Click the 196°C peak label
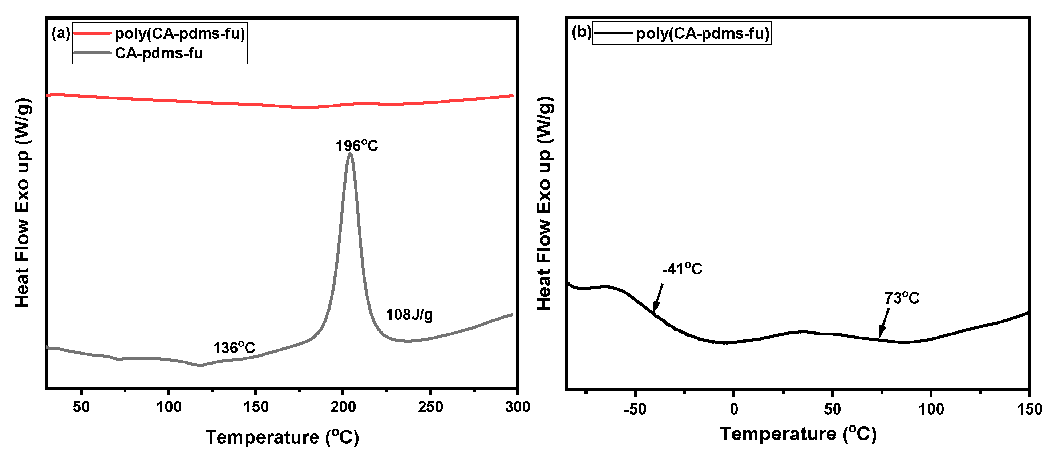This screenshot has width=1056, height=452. [x=356, y=146]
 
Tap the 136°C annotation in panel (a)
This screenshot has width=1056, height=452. [x=234, y=348]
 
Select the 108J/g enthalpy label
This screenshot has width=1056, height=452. [x=409, y=315]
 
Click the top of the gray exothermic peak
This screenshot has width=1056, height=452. [x=350, y=155]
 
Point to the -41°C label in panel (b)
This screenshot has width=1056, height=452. [x=682, y=269]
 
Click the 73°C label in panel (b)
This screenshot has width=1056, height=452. [x=902, y=298]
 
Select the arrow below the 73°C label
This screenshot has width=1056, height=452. [x=883, y=324]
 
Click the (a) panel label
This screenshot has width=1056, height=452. [x=61, y=33]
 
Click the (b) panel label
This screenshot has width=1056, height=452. [x=581, y=32]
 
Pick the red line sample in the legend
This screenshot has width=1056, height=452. [x=92, y=33]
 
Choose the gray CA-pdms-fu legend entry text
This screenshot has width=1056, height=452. [x=159, y=53]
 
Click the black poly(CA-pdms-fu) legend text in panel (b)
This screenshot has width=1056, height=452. [x=703, y=33]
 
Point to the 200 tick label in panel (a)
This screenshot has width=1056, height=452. [x=343, y=407]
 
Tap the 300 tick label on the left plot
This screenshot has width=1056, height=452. [x=517, y=407]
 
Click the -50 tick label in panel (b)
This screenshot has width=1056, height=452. [x=635, y=409]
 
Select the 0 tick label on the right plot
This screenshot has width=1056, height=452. [x=734, y=409]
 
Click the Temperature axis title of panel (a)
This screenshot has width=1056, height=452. [x=282, y=437]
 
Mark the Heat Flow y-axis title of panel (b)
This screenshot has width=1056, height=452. [x=545, y=204]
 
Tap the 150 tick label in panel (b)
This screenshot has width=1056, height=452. [x=1029, y=409]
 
